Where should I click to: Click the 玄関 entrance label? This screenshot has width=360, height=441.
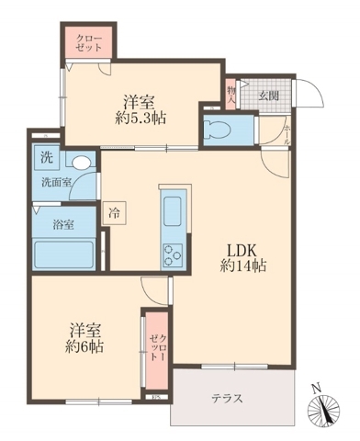pyautogui.click(x=268, y=95)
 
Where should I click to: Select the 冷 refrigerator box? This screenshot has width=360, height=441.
pyautogui.click(x=114, y=209)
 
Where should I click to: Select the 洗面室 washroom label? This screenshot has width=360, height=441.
pyautogui.click(x=53, y=182)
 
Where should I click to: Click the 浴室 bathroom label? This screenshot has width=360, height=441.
pyautogui.click(x=50, y=223)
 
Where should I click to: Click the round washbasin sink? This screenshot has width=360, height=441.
pyautogui.click(x=82, y=162)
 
